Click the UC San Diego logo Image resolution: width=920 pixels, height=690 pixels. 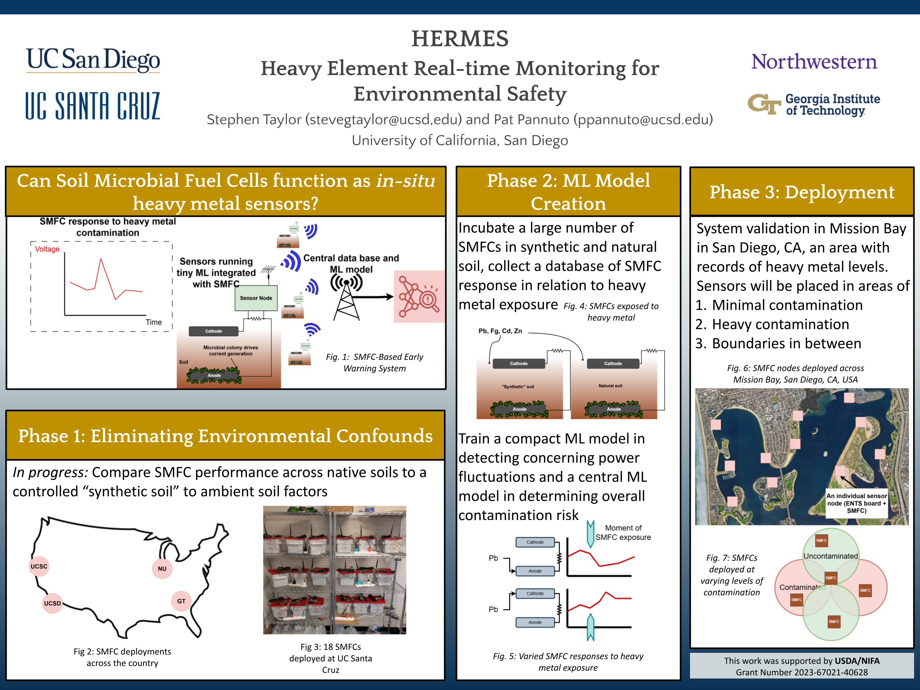(x=93, y=60)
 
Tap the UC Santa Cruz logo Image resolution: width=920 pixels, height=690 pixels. (x=93, y=106)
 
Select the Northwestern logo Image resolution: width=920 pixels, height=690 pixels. (x=814, y=61)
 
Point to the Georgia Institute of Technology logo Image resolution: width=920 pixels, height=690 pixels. (x=814, y=105)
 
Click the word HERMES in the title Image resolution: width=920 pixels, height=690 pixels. (x=460, y=39)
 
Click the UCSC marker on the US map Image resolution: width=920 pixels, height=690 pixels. (x=39, y=566)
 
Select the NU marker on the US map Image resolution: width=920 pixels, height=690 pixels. (x=162, y=569)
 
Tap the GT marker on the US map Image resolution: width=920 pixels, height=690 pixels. (x=181, y=601)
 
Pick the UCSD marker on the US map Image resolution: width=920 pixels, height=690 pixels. (x=52, y=604)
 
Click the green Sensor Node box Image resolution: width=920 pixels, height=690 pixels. (x=256, y=298)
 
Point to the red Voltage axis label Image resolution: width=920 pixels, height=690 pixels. (x=47, y=249)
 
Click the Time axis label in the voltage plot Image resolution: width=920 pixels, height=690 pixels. (x=153, y=322)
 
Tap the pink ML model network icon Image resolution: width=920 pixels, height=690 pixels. (x=418, y=297)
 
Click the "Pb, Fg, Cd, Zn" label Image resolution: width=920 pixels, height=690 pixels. (x=500, y=331)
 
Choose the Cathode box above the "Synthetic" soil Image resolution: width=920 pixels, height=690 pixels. (x=519, y=364)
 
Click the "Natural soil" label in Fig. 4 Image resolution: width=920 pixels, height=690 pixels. (x=610, y=386)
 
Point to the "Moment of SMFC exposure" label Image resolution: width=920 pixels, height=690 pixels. (x=623, y=532)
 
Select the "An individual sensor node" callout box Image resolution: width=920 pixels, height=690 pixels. (x=856, y=503)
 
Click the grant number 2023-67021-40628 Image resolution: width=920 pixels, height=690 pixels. (x=802, y=672)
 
